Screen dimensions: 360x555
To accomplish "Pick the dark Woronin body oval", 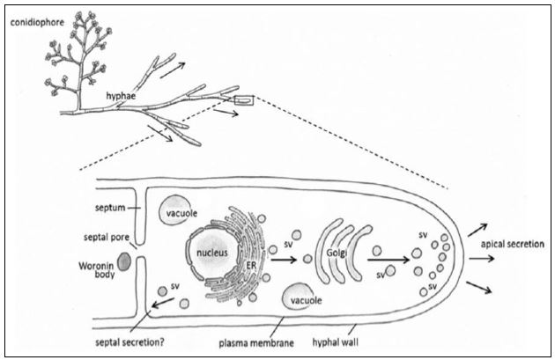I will (123, 261).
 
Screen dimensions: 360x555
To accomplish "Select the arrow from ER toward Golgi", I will (283, 260).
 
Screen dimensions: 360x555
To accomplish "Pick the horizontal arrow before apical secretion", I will (481, 259).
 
